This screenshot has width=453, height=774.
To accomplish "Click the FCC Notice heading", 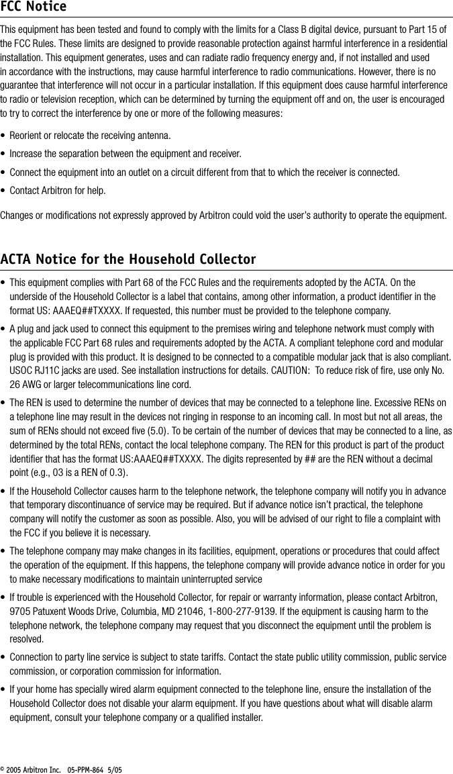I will click(34, 7).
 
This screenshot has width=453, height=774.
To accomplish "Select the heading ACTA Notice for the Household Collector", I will click(128, 259).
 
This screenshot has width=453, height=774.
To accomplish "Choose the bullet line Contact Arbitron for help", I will click(57, 191).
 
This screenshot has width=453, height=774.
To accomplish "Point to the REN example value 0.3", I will click(115, 473).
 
